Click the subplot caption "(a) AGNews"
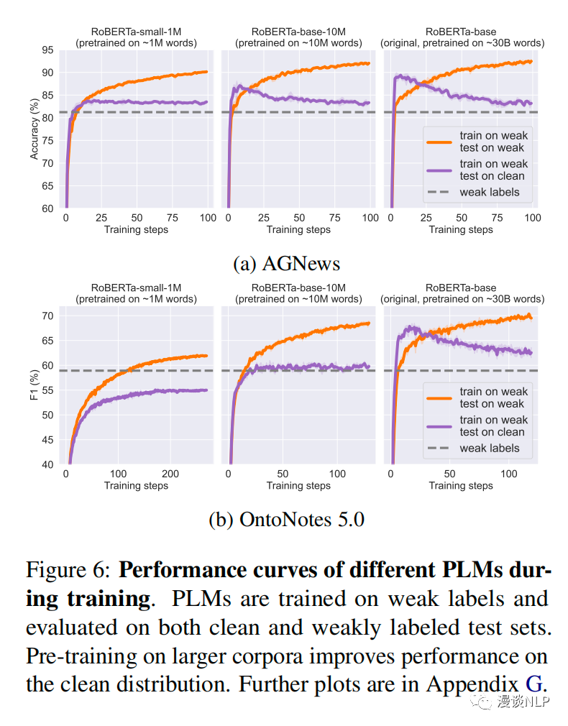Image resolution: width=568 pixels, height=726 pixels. [x=287, y=263]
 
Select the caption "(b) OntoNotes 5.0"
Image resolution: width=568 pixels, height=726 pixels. [x=287, y=519]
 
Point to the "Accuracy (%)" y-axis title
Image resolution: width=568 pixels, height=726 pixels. [x=34, y=129]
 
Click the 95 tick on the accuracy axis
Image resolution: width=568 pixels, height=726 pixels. [x=47, y=50]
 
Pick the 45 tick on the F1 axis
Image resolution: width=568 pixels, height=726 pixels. [x=47, y=440]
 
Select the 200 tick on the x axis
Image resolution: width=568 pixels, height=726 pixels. [x=170, y=474]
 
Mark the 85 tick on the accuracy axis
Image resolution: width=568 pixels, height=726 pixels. [x=47, y=95]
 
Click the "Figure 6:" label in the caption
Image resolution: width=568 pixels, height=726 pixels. [x=68, y=570]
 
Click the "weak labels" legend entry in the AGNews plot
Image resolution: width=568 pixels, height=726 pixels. [x=489, y=192]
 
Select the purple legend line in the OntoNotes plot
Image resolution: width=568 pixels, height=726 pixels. [x=438, y=426]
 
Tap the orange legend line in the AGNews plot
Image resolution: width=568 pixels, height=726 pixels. [x=438, y=141]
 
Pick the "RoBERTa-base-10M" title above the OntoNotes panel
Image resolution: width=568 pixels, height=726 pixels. [x=298, y=288]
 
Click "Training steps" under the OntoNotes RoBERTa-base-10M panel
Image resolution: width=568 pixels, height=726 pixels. [x=298, y=485]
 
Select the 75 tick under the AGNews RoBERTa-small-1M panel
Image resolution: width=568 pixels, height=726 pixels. [x=171, y=219]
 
